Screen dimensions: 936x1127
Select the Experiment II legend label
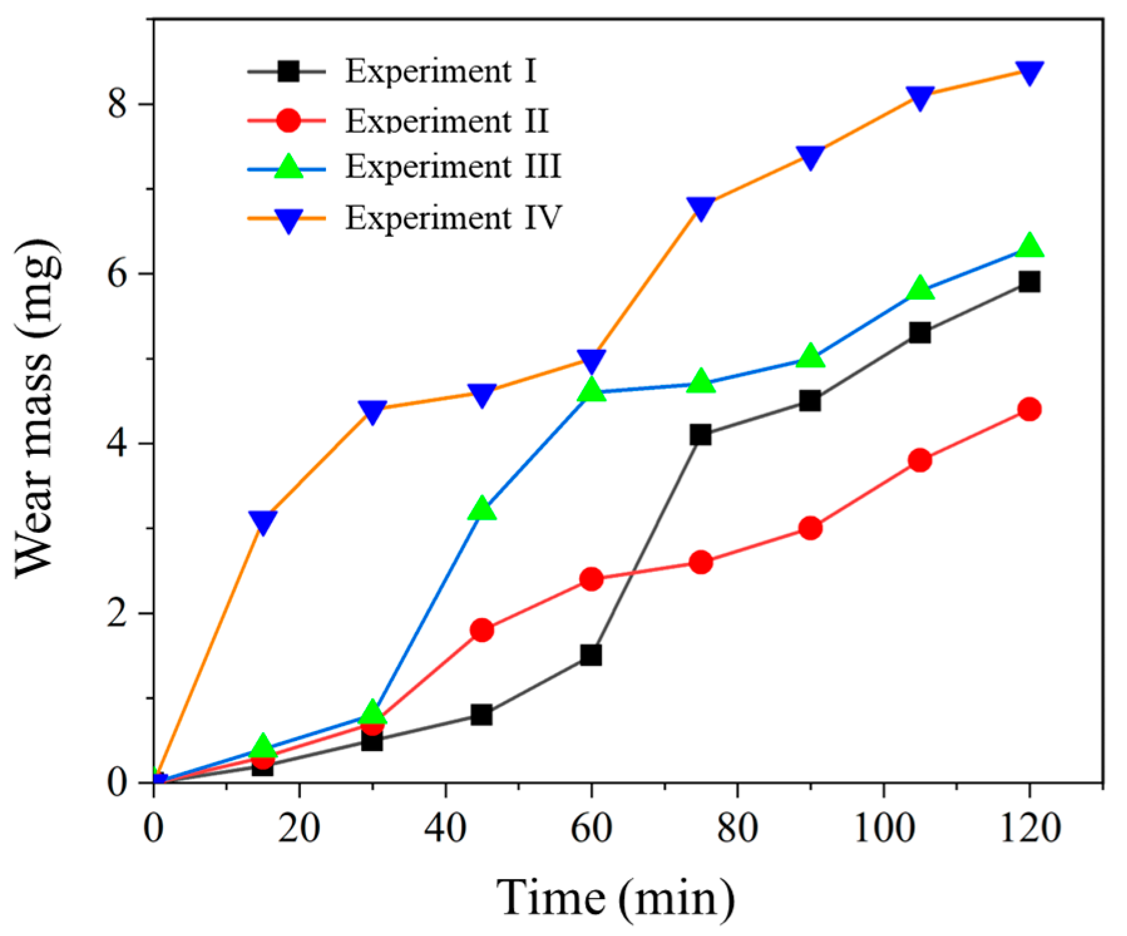446,120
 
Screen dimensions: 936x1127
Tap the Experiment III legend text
453,167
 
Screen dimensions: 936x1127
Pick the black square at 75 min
700,434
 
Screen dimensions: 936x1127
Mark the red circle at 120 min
1029,410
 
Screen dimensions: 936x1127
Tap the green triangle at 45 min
481,510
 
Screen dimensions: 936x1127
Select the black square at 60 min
591,655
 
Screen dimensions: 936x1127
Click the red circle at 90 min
810,528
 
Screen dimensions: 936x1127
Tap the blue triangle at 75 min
700,208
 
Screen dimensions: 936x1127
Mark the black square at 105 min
920,332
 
